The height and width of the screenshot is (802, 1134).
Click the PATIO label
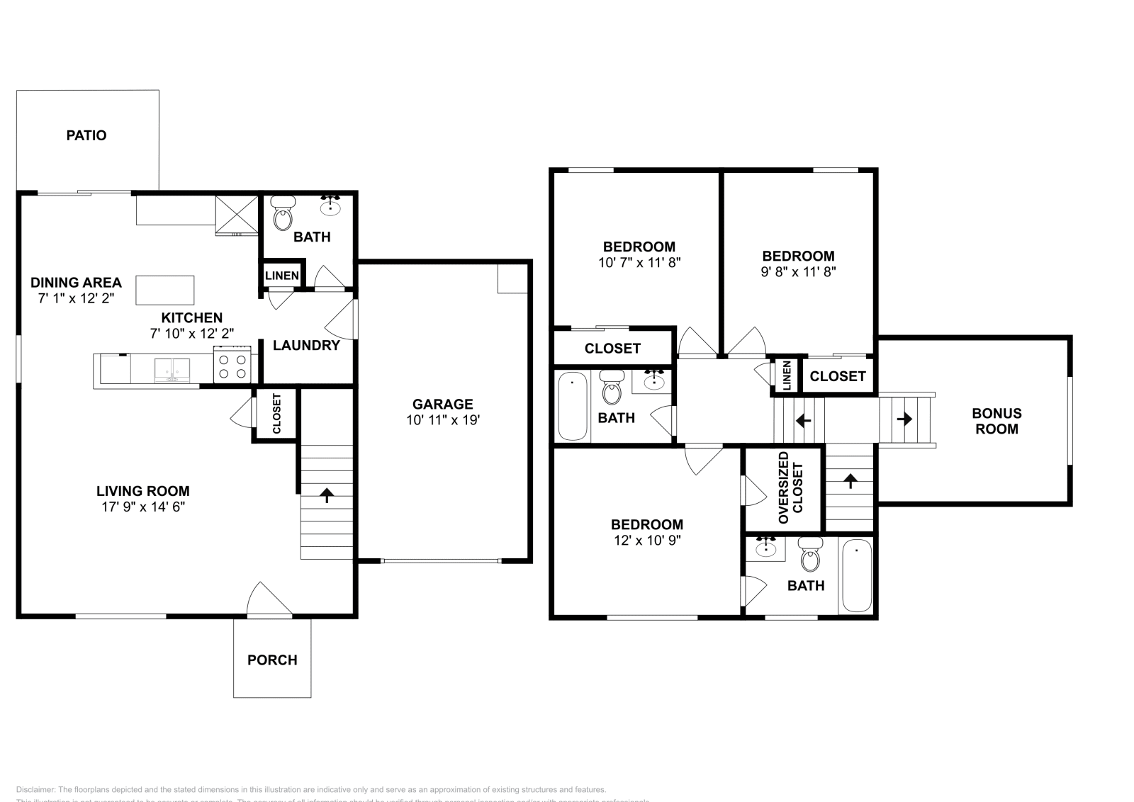point(86,135)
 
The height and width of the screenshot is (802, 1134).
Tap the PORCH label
point(272,660)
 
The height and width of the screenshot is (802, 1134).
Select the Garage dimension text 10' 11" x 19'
point(443,420)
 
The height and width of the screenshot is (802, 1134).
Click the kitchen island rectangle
point(165,290)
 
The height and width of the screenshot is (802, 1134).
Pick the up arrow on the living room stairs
point(327,495)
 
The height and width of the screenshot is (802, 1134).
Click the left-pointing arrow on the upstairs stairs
point(803,420)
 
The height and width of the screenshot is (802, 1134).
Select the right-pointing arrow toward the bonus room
point(904,419)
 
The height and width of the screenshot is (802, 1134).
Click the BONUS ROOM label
point(997,421)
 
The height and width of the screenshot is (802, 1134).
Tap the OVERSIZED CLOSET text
point(791,493)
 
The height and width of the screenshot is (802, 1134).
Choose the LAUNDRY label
point(306,345)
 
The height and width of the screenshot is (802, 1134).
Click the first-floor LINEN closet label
point(281,276)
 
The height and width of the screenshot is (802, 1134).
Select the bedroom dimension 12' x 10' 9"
point(647,540)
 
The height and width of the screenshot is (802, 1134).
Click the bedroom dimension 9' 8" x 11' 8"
point(799,271)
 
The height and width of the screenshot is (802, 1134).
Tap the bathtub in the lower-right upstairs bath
point(857,575)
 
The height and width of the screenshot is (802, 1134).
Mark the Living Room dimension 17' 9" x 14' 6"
point(143,507)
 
